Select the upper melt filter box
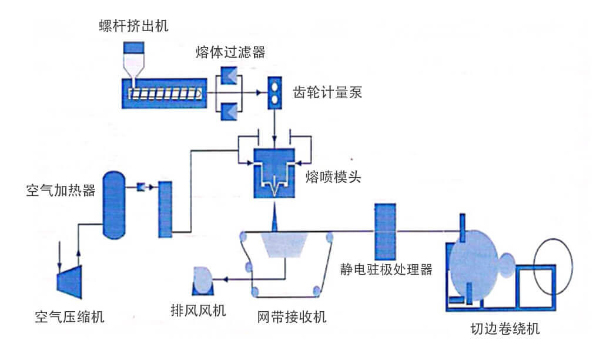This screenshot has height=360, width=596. pos(228,75)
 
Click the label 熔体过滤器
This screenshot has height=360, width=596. pos(230,52)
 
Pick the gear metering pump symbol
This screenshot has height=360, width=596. pos(274,93)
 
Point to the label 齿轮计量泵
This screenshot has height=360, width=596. pos(327,93)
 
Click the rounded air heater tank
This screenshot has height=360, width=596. pos(114,205)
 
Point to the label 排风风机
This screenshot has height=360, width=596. pos(198,310)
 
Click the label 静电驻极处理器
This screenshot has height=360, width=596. pos(386,270)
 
